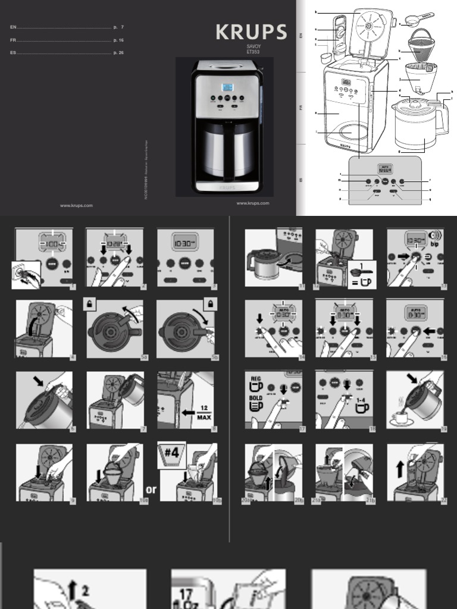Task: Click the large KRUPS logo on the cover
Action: (251, 32)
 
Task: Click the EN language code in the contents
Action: (13, 27)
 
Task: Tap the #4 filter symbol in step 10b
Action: (172, 453)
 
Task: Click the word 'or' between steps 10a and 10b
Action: (151, 489)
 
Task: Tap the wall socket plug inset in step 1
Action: (27, 275)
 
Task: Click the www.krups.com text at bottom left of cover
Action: (76, 206)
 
